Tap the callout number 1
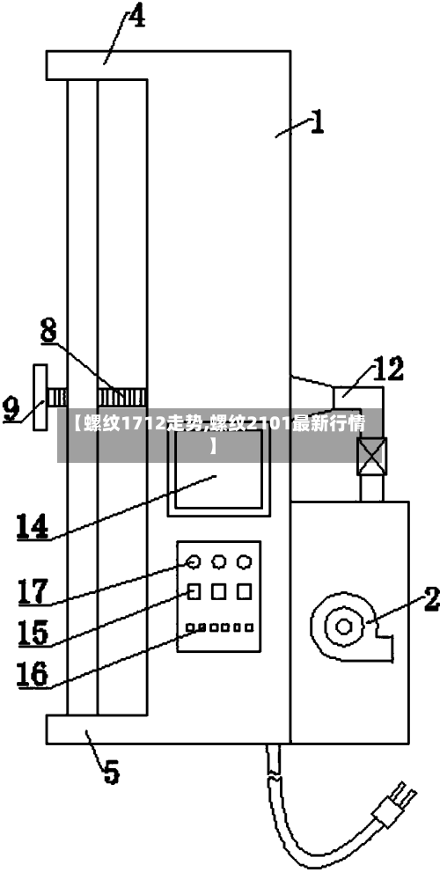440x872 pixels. point(317,121)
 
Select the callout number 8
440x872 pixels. point(48,331)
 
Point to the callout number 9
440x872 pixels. point(11,409)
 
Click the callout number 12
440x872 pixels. point(388,370)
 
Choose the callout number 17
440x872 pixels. point(33,591)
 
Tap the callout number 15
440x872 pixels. point(33,632)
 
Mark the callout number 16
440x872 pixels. point(33,674)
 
